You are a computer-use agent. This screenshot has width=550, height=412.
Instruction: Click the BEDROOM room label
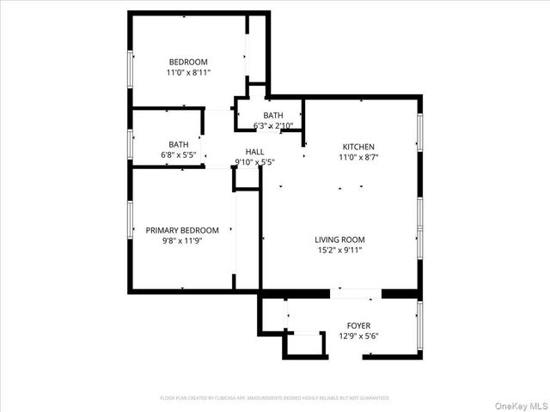[188, 62]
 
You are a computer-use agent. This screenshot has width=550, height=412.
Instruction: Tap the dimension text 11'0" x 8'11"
[188, 73]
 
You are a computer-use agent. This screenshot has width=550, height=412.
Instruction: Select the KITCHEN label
[359, 147]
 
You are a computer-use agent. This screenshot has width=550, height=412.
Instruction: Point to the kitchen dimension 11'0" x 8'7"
[359, 158]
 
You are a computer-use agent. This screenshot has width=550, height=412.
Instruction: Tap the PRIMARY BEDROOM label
[182, 230]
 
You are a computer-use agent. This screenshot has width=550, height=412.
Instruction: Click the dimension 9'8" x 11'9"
[182, 241]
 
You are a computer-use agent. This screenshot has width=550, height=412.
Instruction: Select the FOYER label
[359, 325]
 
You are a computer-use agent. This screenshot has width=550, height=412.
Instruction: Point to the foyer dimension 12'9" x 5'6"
[359, 336]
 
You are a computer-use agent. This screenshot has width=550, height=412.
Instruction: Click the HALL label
[254, 151]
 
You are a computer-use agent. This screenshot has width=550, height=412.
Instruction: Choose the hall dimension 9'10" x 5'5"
[254, 161]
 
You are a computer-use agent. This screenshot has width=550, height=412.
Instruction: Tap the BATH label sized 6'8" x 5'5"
[179, 144]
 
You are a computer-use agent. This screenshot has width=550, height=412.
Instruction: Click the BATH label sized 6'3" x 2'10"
[273, 116]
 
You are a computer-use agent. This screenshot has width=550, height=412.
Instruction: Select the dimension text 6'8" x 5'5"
[179, 155]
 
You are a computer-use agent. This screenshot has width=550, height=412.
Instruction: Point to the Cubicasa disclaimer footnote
[275, 398]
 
